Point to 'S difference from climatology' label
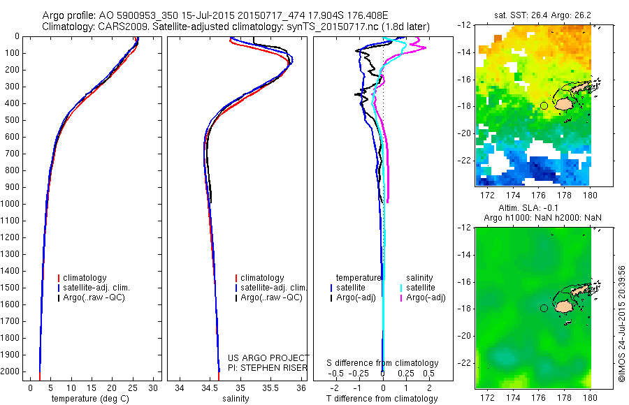click(383, 363)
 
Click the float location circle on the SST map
click(544, 105)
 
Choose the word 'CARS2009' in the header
click(113, 27)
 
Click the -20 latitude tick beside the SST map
click(464, 133)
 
